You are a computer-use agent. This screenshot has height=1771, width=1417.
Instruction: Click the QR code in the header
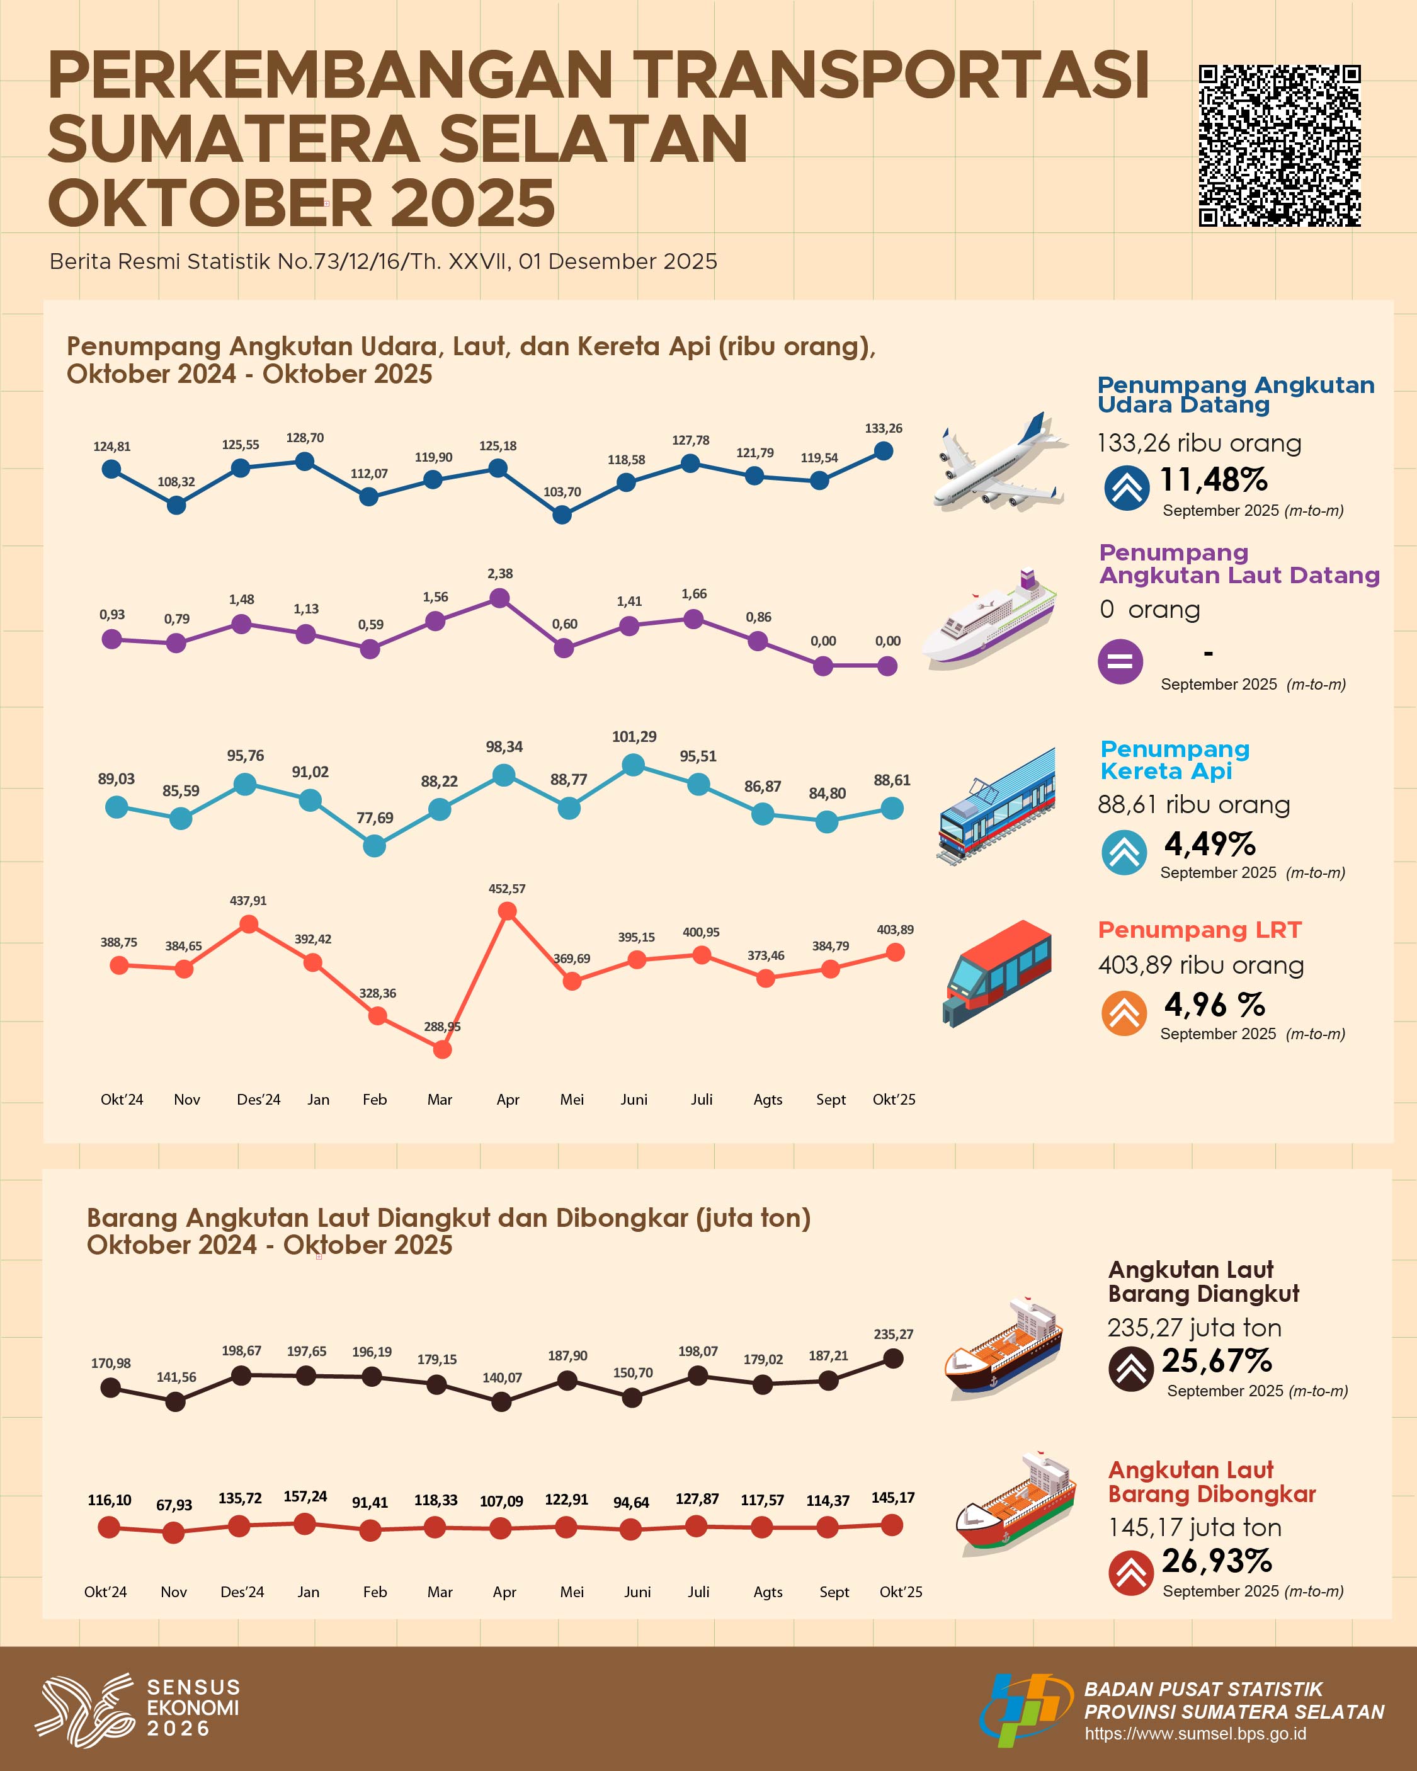click(x=1279, y=145)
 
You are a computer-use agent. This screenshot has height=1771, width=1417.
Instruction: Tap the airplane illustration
click(x=1001, y=462)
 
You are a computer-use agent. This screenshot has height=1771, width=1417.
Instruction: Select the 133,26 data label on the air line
click(x=883, y=429)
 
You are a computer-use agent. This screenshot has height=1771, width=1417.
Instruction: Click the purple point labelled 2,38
click(x=499, y=599)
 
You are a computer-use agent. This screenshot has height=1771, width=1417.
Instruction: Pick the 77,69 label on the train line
click(x=375, y=818)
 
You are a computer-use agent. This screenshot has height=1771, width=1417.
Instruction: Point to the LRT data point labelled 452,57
click(x=508, y=911)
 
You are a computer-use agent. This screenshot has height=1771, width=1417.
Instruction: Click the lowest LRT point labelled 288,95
click(x=442, y=1049)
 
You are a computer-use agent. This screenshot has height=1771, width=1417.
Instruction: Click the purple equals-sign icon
click(x=1120, y=661)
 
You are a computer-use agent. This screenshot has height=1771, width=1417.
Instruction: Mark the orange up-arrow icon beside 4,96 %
click(x=1124, y=1013)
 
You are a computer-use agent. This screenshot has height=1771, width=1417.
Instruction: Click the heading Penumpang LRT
click(x=1199, y=930)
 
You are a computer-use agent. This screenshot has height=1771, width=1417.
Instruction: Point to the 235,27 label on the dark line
click(x=893, y=1335)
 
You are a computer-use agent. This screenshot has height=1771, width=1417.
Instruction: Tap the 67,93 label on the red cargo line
click(x=174, y=1505)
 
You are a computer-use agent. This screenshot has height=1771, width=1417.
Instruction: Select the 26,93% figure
click(x=1217, y=1561)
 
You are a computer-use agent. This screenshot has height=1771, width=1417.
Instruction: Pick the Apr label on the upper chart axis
click(x=508, y=1100)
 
